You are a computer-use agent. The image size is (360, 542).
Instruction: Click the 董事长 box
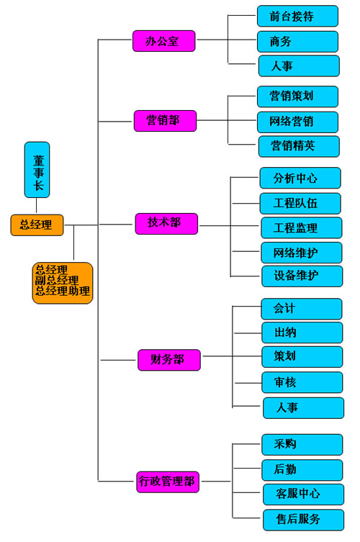(37, 170)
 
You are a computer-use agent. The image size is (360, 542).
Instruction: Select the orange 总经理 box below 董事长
(37, 225)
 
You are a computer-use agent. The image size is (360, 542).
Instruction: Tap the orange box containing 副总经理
(63, 283)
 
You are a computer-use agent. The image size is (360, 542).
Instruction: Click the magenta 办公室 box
(164, 41)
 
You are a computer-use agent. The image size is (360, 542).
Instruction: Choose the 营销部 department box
(165, 121)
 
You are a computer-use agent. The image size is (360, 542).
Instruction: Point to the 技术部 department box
(166, 224)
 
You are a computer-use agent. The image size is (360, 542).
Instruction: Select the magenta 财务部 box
(169, 360)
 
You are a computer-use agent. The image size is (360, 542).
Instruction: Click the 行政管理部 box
(168, 482)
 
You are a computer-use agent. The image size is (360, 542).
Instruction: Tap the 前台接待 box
(298, 16)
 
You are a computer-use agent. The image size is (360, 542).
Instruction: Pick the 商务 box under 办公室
(298, 42)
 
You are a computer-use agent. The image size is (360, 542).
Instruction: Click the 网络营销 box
(298, 122)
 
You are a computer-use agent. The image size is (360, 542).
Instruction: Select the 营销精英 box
(299, 146)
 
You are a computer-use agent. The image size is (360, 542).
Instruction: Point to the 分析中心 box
(300, 178)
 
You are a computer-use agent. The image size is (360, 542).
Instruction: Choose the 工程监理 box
(302, 227)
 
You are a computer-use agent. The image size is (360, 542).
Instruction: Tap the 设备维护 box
(302, 276)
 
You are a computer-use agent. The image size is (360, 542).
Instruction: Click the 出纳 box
(302, 333)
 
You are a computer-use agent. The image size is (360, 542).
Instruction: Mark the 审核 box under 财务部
(302, 382)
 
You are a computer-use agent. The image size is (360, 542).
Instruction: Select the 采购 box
(302, 445)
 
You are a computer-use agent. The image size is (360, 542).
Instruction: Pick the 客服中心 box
(304, 494)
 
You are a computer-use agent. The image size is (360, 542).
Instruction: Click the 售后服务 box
(304, 520)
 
